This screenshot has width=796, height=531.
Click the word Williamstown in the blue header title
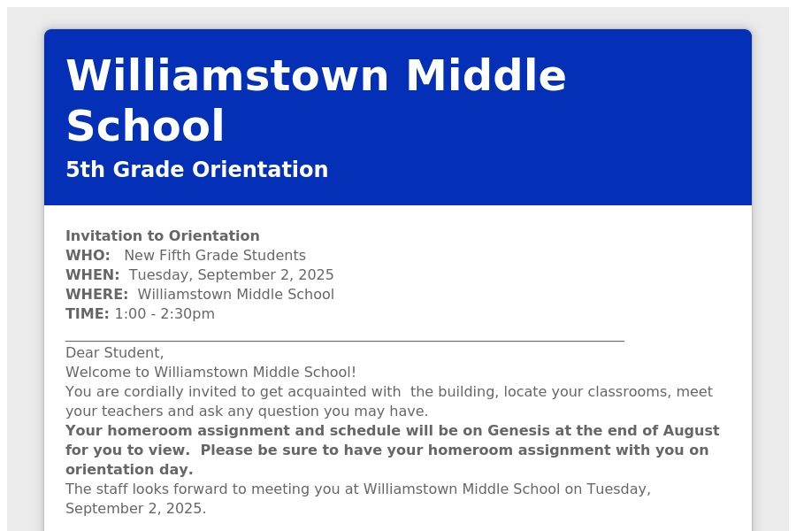click(x=227, y=75)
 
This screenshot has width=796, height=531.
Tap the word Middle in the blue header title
click(x=486, y=75)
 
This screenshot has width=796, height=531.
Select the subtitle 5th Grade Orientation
click(x=197, y=169)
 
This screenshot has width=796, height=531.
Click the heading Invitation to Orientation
click(x=163, y=235)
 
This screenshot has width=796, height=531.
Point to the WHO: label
click(x=88, y=255)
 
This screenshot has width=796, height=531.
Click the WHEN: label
click(x=92, y=275)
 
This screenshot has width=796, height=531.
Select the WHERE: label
click(x=97, y=294)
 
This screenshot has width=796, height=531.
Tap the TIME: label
click(x=88, y=313)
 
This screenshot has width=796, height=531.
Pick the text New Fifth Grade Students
click(x=215, y=255)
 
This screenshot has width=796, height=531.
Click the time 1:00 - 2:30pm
click(x=165, y=314)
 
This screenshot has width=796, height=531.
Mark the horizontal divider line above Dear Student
click(x=345, y=341)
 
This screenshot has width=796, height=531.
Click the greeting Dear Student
click(x=115, y=352)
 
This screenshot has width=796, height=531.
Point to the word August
click(x=691, y=431)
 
